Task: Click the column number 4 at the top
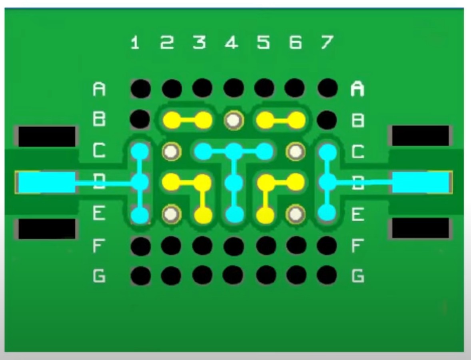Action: [x=231, y=42]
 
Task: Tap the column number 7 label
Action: [x=327, y=42]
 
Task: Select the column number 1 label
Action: [x=135, y=42]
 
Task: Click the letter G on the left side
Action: [x=99, y=276]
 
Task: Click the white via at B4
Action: [x=234, y=120]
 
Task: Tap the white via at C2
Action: [x=172, y=151]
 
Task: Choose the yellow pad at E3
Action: [x=203, y=215]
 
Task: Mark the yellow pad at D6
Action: [x=296, y=182]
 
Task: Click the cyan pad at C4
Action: [x=234, y=151]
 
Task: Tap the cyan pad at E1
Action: [x=140, y=215]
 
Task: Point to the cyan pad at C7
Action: [x=328, y=151]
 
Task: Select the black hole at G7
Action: [x=327, y=276]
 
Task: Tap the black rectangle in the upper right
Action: [x=421, y=136]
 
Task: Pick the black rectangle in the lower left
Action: [x=46, y=229]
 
